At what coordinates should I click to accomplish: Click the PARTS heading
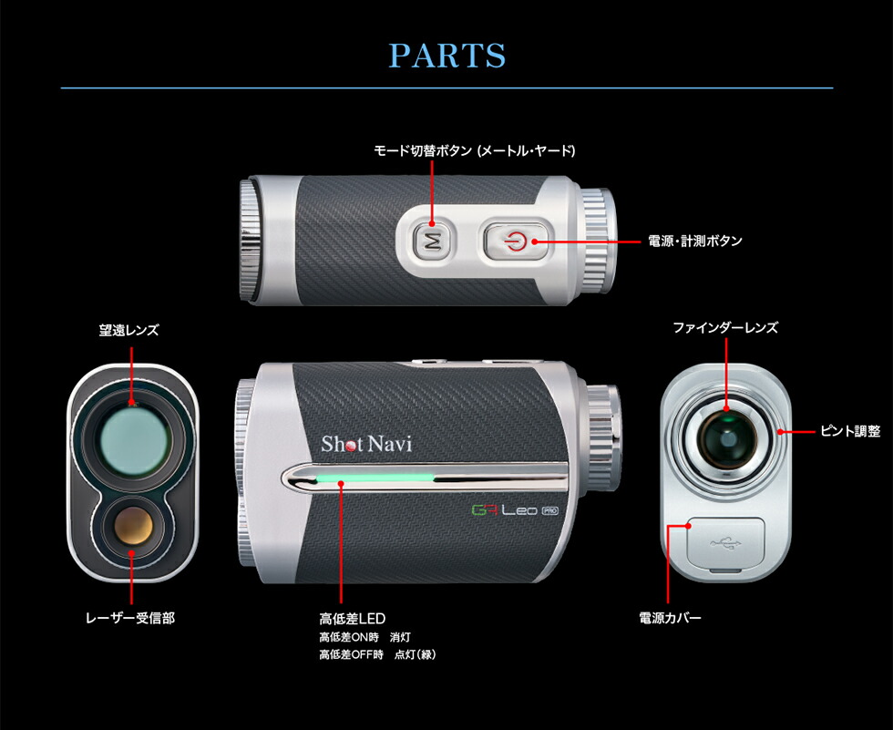(x=446, y=55)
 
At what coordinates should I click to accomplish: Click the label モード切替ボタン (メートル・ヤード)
(x=475, y=149)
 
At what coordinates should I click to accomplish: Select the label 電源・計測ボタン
(x=695, y=242)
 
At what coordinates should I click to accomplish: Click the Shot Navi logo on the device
(x=366, y=444)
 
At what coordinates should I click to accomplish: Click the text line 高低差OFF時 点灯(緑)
(x=377, y=654)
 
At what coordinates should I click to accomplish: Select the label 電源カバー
(x=670, y=618)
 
